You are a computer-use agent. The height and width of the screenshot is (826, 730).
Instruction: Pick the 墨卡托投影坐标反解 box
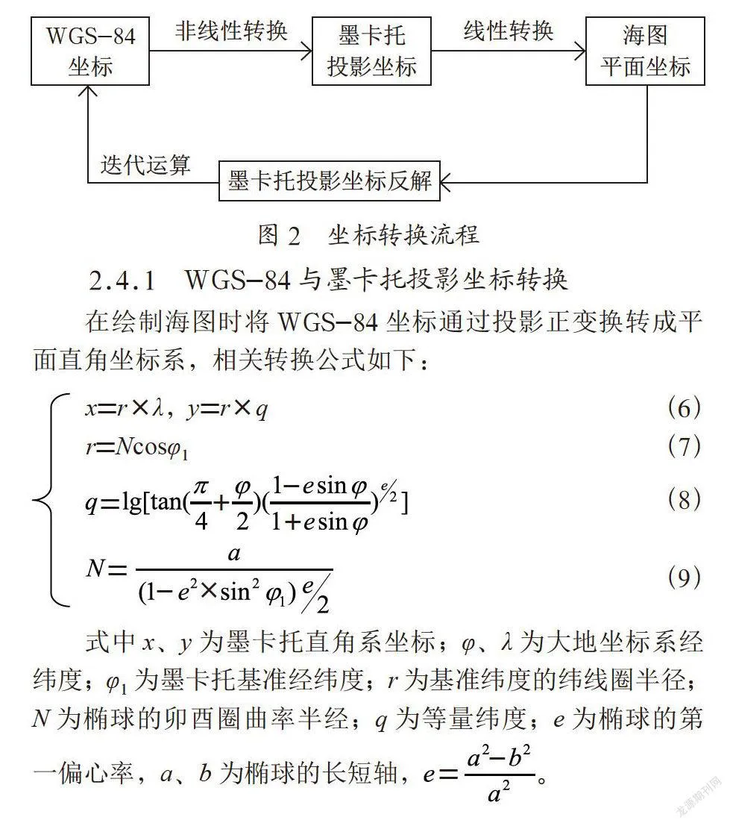pos(330,180)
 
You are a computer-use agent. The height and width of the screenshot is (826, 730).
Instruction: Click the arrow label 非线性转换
pos(231,31)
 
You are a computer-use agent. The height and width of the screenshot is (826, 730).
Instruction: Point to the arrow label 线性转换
pos(509,31)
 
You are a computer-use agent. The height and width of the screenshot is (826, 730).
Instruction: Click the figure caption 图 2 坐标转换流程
pos(368,235)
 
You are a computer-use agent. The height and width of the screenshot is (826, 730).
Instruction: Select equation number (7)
pos(684,446)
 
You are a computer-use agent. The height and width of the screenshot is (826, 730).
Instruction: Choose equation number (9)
pos(684,578)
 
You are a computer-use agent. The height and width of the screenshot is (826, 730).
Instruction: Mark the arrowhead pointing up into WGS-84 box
pos(90,91)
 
